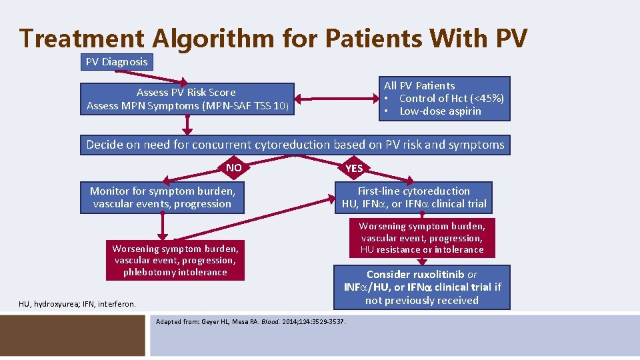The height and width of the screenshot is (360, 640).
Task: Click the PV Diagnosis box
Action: (117, 62)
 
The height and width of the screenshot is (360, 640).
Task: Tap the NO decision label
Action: (234, 167)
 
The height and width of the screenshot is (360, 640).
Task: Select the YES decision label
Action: (354, 168)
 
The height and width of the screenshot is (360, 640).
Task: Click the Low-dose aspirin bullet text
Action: (440, 111)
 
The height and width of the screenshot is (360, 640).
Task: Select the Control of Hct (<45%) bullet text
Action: (451, 99)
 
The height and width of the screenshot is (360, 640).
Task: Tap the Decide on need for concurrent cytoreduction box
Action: (295, 144)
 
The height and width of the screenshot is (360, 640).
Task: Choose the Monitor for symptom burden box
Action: (162, 197)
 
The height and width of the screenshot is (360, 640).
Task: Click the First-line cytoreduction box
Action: (413, 197)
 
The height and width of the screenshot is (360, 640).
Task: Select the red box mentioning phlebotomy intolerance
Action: (175, 260)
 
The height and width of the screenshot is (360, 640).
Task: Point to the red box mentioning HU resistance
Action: (421, 237)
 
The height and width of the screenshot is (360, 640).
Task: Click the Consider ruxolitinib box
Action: (421, 287)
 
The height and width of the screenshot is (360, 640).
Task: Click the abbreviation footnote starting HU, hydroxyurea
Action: (77, 304)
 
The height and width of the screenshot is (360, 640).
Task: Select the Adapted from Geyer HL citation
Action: (250, 322)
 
